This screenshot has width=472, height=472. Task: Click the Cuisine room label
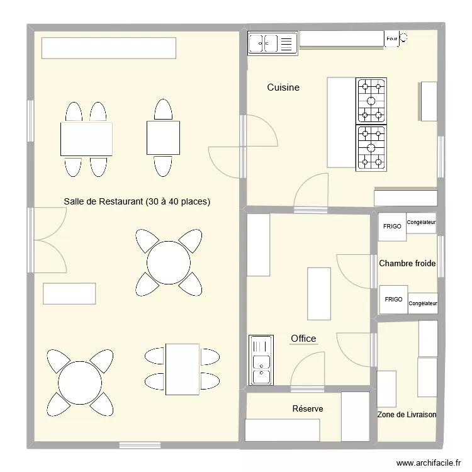click(283, 87)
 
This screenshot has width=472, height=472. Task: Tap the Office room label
click(303, 339)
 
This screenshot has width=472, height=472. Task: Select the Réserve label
click(308, 409)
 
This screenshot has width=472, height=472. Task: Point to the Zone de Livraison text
click(407, 415)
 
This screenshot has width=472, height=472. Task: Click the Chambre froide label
click(407, 264)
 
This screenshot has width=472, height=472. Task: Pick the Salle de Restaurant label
click(137, 202)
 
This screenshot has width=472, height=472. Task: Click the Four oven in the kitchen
click(392, 39)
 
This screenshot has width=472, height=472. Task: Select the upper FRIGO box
click(392, 227)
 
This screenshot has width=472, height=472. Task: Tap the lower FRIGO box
click(393, 300)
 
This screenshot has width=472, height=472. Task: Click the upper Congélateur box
click(422, 223)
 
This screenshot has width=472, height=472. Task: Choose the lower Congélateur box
click(423, 303)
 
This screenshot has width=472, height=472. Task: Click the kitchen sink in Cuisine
click(272, 43)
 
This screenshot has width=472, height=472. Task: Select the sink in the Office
click(261, 360)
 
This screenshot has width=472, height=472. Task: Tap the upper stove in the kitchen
click(371, 101)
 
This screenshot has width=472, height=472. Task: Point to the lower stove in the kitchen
click(371, 148)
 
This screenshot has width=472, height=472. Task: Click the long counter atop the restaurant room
click(108, 48)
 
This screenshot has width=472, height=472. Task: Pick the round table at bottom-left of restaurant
click(80, 383)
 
